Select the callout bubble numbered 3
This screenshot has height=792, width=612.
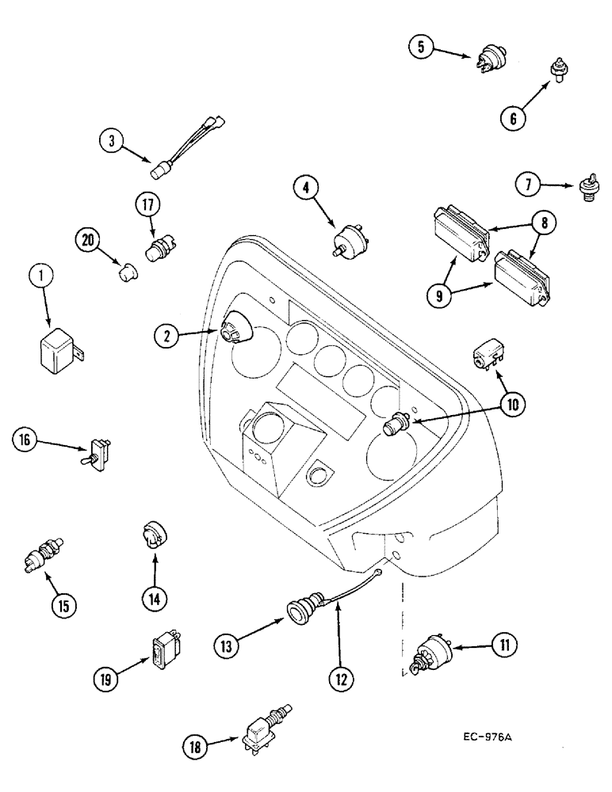[112, 142]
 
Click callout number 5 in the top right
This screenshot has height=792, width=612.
[422, 48]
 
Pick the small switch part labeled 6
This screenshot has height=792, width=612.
[560, 72]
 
